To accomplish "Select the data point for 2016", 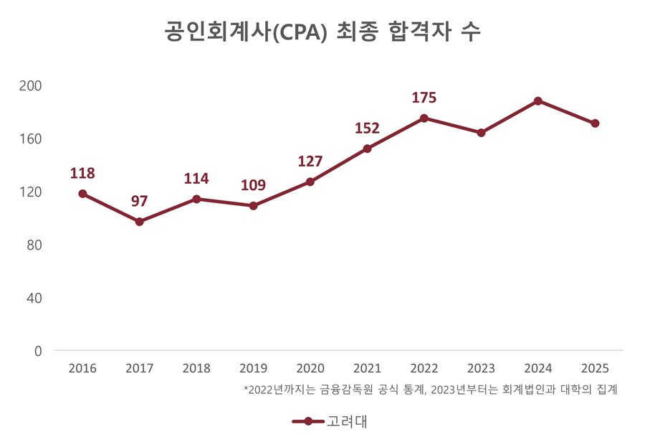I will (82, 194).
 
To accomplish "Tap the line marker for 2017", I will (140, 222).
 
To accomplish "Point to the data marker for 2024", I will (538, 101).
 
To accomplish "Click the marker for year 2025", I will (595, 123).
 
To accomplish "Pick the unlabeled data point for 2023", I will (481, 133).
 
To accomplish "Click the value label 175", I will (424, 98).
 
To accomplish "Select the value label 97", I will (140, 201).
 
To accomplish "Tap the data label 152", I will (367, 128).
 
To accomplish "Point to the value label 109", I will (253, 185).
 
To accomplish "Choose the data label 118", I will (82, 173).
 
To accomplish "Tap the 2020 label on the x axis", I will (310, 369).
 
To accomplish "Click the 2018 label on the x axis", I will (196, 369).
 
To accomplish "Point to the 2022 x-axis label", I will (424, 369).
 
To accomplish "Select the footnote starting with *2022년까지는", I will (430, 390).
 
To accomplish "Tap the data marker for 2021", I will (367, 149).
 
